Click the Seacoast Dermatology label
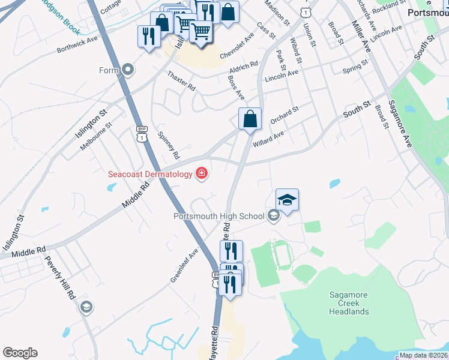150,175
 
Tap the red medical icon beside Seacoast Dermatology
202,174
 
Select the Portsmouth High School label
218,216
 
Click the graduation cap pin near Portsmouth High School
287,200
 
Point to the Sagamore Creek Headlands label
349,303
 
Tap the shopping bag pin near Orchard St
250,118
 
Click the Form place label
109,71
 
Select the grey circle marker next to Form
127,71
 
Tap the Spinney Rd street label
168,146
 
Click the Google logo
20,353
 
